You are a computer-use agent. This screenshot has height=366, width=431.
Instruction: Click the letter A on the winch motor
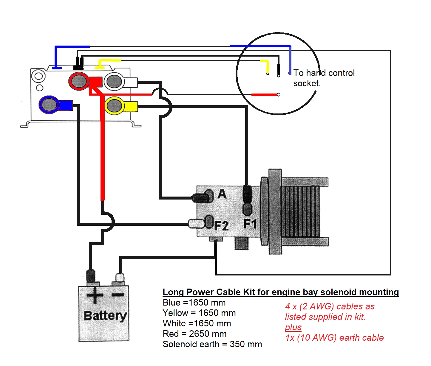222,194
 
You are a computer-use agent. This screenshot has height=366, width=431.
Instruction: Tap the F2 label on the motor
221,226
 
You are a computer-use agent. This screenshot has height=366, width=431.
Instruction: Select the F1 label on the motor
250,223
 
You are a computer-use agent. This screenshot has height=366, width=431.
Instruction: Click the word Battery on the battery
105,316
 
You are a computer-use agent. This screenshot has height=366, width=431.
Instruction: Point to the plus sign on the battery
95,295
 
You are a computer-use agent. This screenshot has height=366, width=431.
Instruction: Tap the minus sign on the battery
118,295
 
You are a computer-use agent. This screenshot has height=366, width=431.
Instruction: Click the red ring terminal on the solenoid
78,81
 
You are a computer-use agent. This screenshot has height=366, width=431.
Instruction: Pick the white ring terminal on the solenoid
114,81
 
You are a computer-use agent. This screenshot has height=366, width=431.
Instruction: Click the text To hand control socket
324,78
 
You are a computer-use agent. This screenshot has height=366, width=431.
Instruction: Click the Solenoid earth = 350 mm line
212,344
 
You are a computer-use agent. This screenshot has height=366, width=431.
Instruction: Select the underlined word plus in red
293,327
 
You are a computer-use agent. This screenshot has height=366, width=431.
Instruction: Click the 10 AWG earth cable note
334,338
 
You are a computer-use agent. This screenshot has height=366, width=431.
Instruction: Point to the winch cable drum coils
300,211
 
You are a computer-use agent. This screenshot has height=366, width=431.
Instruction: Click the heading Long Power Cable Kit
280,292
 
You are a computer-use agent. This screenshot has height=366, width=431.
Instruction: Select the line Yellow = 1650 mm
199,313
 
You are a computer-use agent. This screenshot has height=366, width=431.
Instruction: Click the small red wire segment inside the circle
264,95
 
